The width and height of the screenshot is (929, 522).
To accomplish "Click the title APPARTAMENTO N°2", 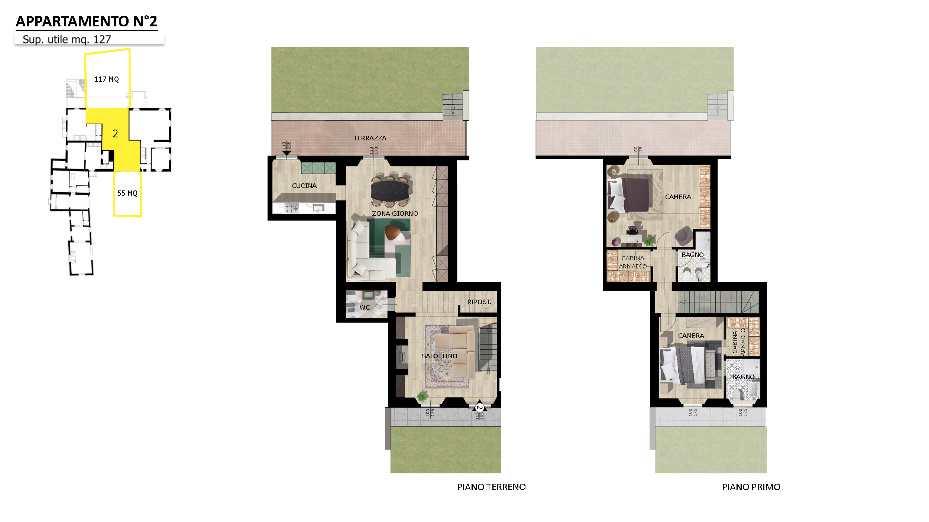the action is coord(87,22).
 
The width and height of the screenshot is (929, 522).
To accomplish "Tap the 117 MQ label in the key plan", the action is coord(107,79).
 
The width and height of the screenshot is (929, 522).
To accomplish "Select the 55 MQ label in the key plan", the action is coord(127,193).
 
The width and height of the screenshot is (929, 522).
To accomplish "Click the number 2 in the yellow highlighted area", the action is coord(116,134).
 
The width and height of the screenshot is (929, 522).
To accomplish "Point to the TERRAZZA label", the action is coord(370,138).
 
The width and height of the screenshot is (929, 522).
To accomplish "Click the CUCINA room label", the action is coord(304,186).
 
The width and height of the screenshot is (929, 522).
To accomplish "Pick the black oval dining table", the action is coord(390,190).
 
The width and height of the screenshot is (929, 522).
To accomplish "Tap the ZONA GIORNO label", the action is coord(395,213).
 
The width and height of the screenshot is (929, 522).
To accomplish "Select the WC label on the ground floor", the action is coord(365,307).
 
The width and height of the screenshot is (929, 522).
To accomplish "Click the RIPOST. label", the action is coord(479,302).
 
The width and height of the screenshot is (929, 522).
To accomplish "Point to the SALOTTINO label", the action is coord(440,356).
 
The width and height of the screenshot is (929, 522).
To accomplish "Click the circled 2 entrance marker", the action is coord(480,408).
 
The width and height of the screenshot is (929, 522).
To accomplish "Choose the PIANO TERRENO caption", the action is coord(491,487).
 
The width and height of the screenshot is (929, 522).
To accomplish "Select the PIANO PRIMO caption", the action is coord(751,487).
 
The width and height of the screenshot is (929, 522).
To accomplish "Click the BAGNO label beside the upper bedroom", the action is coord(693,255).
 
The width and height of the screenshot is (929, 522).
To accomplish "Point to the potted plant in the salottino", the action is coord(422,397).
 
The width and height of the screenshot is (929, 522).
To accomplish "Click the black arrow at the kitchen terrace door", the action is coord(287,153).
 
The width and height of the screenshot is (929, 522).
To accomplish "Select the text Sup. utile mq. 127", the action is coord(67,39).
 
